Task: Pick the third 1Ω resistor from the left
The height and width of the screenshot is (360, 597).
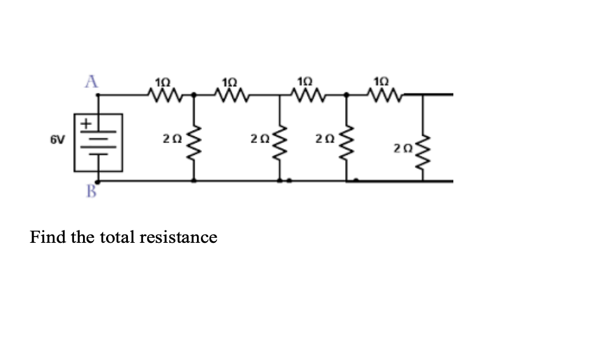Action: [x=305, y=94]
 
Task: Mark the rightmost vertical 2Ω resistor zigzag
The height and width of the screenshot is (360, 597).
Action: [x=423, y=153]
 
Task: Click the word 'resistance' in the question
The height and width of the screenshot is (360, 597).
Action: [x=178, y=237]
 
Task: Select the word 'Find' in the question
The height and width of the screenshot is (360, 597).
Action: [x=48, y=237]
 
